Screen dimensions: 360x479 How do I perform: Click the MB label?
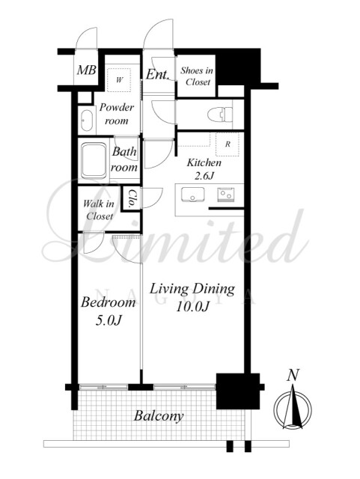[87, 70]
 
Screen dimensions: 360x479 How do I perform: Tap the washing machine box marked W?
[119, 80]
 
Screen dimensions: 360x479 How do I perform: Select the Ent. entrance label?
[157, 75]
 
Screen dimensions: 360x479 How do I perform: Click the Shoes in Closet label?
[197, 76]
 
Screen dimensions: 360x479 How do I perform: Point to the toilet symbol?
[220, 115]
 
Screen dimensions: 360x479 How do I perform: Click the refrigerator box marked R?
[228, 144]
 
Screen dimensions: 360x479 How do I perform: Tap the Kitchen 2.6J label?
[204, 169]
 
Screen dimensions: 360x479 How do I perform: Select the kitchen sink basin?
[192, 195]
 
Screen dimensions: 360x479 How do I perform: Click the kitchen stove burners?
[226, 195]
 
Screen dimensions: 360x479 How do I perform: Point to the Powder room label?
[117, 114]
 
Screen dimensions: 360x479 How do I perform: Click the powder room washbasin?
[87, 120]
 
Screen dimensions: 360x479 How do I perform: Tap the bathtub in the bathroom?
[94, 160]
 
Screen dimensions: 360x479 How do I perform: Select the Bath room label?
[124, 159]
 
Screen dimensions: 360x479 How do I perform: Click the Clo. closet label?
[132, 199]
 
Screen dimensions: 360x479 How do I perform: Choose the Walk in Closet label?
[99, 210]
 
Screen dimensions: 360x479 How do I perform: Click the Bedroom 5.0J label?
[109, 311]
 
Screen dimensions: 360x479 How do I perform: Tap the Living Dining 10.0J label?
[192, 298]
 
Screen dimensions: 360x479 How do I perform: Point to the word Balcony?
[159, 416]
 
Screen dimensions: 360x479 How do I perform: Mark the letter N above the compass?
[293, 375]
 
